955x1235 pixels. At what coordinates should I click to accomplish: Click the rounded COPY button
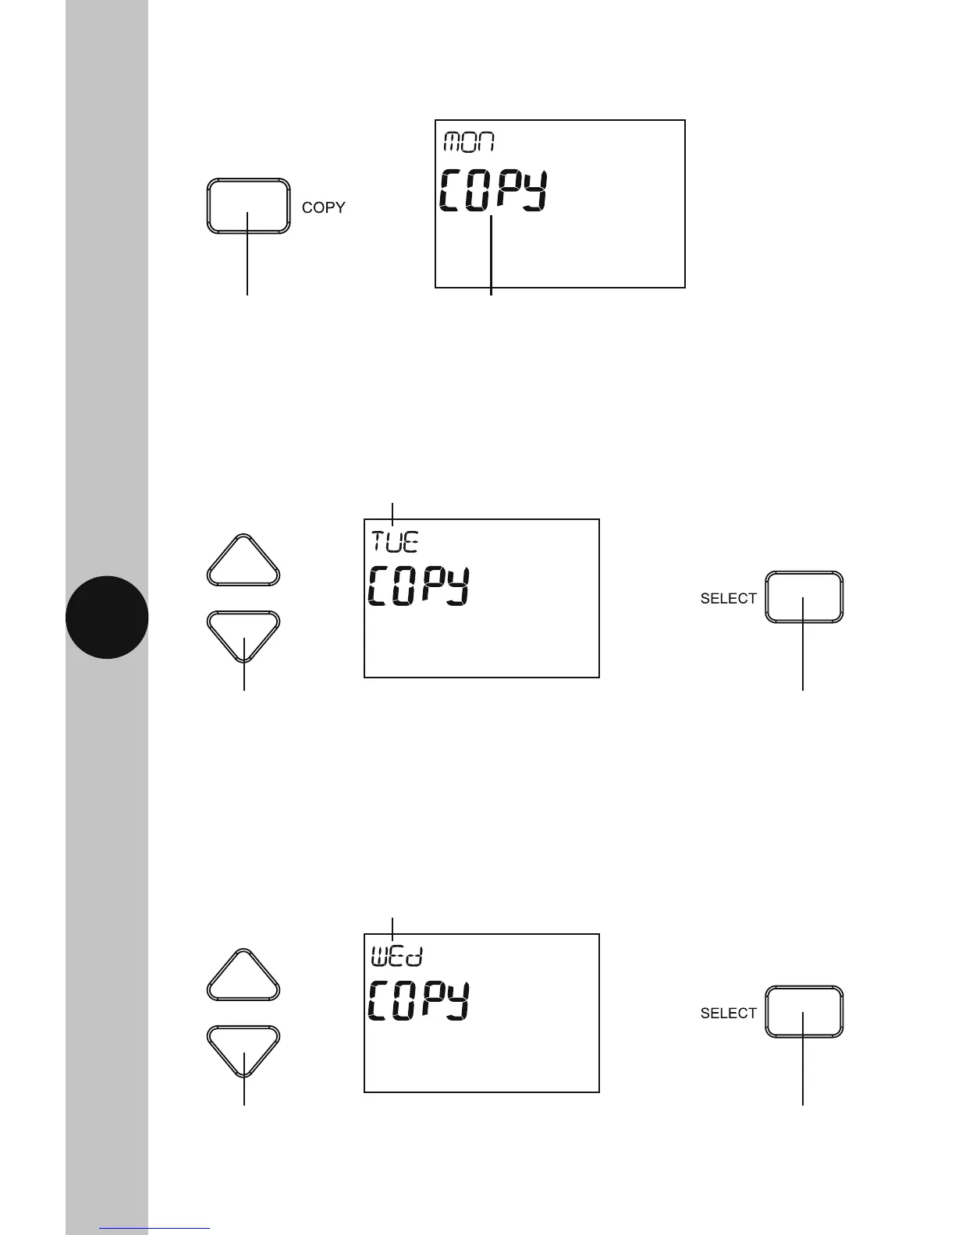248,206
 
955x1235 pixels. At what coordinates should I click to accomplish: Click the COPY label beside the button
323,208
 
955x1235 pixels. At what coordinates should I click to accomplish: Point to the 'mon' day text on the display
470,142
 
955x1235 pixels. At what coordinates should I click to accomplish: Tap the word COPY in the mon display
493,191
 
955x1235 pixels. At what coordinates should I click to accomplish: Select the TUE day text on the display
394,541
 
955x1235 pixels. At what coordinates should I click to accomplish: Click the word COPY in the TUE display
419,586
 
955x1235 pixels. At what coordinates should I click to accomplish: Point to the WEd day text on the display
396,956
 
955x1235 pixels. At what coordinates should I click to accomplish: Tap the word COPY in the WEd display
419,1001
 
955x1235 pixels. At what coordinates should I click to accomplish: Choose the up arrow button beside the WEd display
243,977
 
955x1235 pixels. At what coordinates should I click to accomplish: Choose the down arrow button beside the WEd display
243,1049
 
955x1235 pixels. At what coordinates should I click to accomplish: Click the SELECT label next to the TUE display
728,599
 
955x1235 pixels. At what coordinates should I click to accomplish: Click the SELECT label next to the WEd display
728,1014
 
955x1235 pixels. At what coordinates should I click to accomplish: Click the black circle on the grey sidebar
107,617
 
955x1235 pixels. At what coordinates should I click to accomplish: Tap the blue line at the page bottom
154,1229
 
